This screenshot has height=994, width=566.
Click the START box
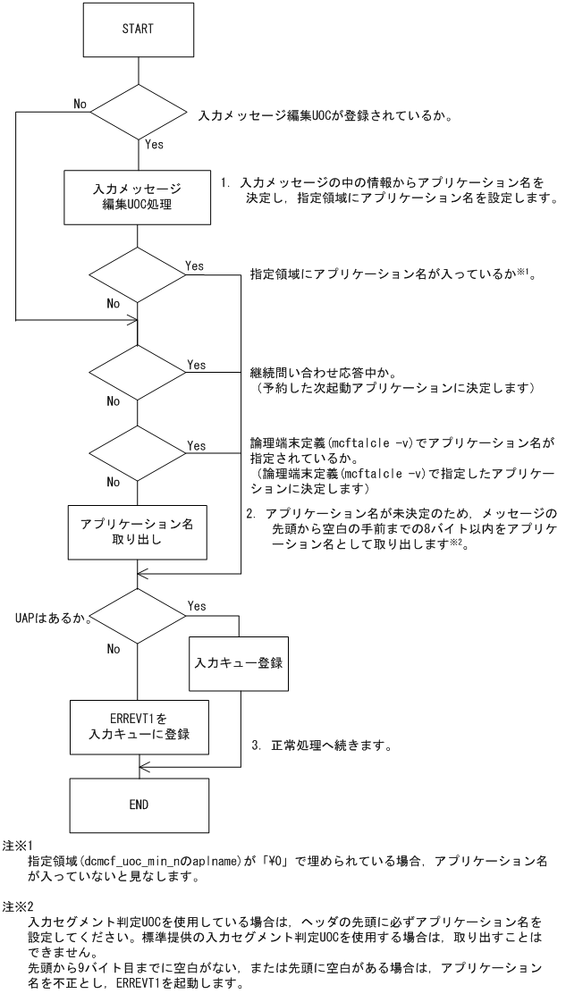tap(137, 29)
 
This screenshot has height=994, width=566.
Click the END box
tap(137, 804)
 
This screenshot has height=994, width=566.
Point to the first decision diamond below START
tap(137, 113)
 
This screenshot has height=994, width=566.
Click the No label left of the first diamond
tap(80, 104)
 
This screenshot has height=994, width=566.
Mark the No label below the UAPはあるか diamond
tap(113, 649)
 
